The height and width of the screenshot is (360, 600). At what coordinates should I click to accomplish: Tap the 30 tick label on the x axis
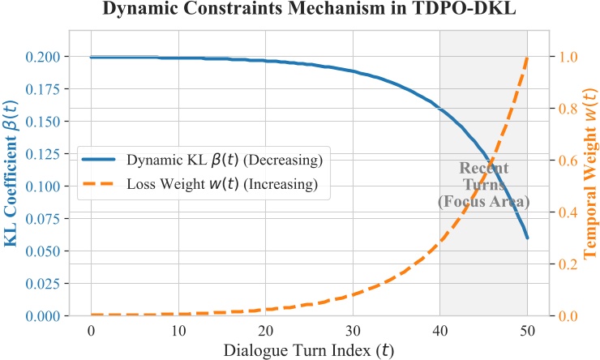coord(353,332)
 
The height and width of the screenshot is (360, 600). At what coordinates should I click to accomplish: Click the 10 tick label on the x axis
coord(178,332)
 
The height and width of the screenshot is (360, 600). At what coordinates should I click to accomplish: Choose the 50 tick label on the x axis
coord(527,332)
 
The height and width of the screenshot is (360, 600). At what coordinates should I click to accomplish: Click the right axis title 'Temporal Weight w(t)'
coord(589,186)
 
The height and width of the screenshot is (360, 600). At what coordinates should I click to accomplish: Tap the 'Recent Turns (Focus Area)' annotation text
coord(483,184)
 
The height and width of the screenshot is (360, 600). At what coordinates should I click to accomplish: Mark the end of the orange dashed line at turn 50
coord(527,58)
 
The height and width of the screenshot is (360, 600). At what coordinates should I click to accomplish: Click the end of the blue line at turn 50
coord(527,238)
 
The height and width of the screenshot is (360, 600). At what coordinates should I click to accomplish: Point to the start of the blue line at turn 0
coord(91,58)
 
